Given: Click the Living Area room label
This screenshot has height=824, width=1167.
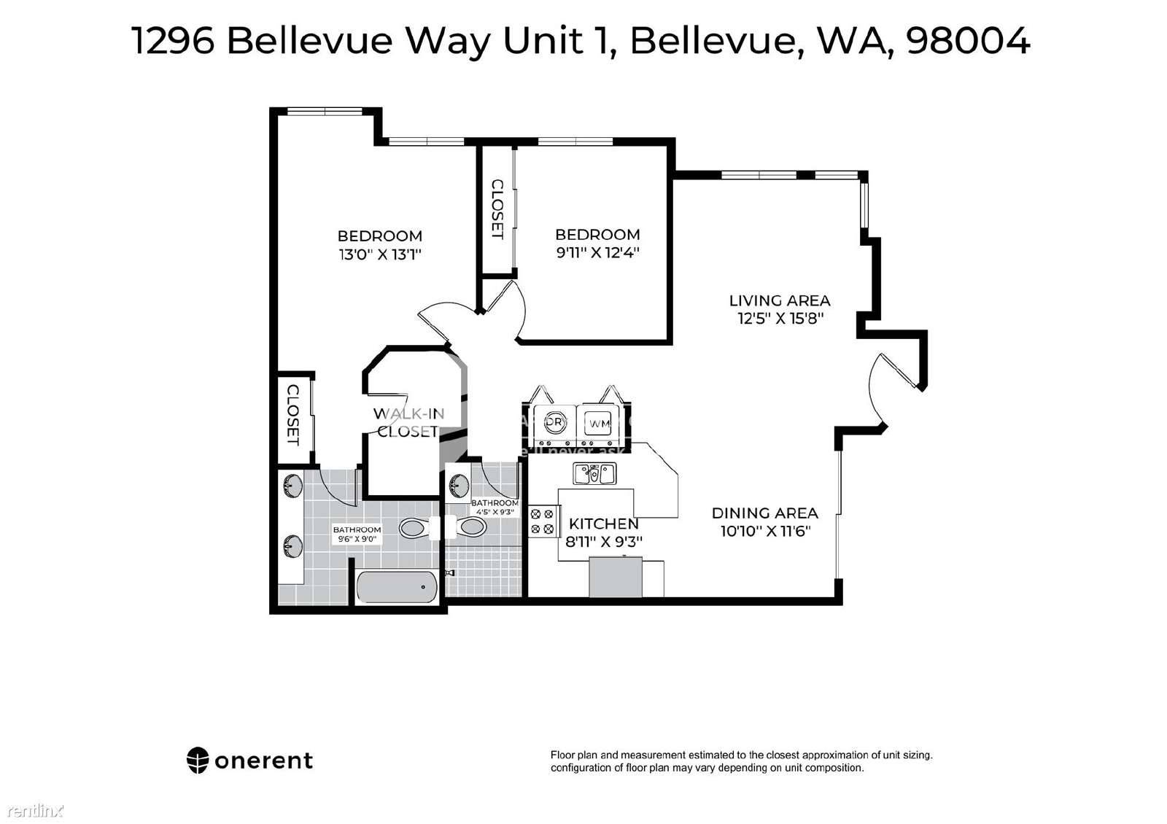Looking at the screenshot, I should (779, 300).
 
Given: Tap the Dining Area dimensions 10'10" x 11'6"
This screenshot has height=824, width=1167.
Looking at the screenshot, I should (765, 532).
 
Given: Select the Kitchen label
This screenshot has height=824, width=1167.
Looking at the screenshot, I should (603, 524).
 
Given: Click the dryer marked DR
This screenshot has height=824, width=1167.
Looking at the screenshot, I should (555, 423).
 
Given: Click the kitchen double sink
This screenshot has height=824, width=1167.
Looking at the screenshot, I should (594, 475).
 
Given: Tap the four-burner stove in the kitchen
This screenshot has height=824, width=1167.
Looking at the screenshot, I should (542, 521).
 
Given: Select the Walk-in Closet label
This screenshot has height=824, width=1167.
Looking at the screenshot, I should (408, 422).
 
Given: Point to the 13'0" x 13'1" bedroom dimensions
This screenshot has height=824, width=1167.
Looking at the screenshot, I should (379, 254).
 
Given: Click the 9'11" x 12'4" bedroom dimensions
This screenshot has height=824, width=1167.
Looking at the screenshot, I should (597, 253).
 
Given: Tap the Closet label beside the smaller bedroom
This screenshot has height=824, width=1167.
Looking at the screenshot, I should (497, 209).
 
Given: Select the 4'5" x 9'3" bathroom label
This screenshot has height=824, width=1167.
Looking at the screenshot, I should (495, 507).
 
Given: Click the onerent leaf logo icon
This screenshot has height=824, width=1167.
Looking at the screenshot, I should (198, 761).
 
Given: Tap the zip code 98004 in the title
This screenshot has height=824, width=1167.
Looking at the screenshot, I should (967, 41).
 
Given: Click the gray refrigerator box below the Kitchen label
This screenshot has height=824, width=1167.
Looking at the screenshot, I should (616, 576).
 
